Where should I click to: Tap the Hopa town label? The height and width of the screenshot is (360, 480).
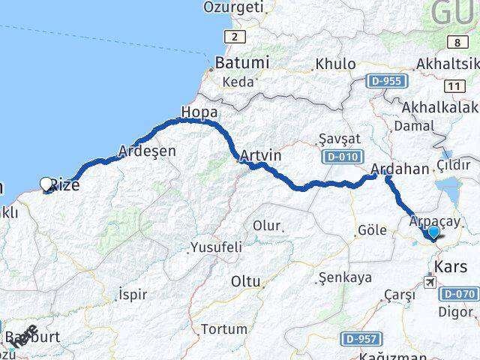(x=199, y=112)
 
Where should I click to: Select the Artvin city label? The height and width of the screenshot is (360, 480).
(x=261, y=157)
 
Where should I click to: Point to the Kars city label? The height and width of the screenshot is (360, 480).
(x=451, y=266)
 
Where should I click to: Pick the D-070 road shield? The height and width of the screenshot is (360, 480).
(x=458, y=293)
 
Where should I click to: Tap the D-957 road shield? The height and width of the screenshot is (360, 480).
(x=360, y=339)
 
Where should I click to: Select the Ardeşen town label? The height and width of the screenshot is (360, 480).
(x=148, y=151)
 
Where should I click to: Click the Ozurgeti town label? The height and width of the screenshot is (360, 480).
(x=234, y=7)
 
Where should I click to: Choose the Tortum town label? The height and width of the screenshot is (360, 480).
(x=224, y=328)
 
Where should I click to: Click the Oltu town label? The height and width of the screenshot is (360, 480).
(x=245, y=281)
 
